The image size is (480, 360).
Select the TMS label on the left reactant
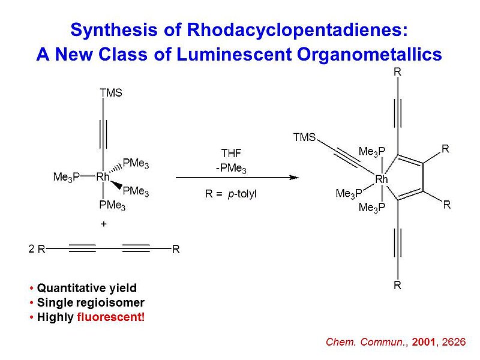point(110,93)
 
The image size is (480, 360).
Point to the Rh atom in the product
point(382,179)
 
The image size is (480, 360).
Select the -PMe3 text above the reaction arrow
point(232,169)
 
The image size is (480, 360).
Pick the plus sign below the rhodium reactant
point(103,223)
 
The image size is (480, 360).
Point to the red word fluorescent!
point(111,317)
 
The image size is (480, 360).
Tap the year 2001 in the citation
point(422,342)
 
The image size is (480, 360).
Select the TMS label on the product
point(304,137)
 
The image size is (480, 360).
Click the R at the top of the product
point(397,73)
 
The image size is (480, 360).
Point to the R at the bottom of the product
point(397,286)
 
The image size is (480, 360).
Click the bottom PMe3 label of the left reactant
point(112,206)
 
